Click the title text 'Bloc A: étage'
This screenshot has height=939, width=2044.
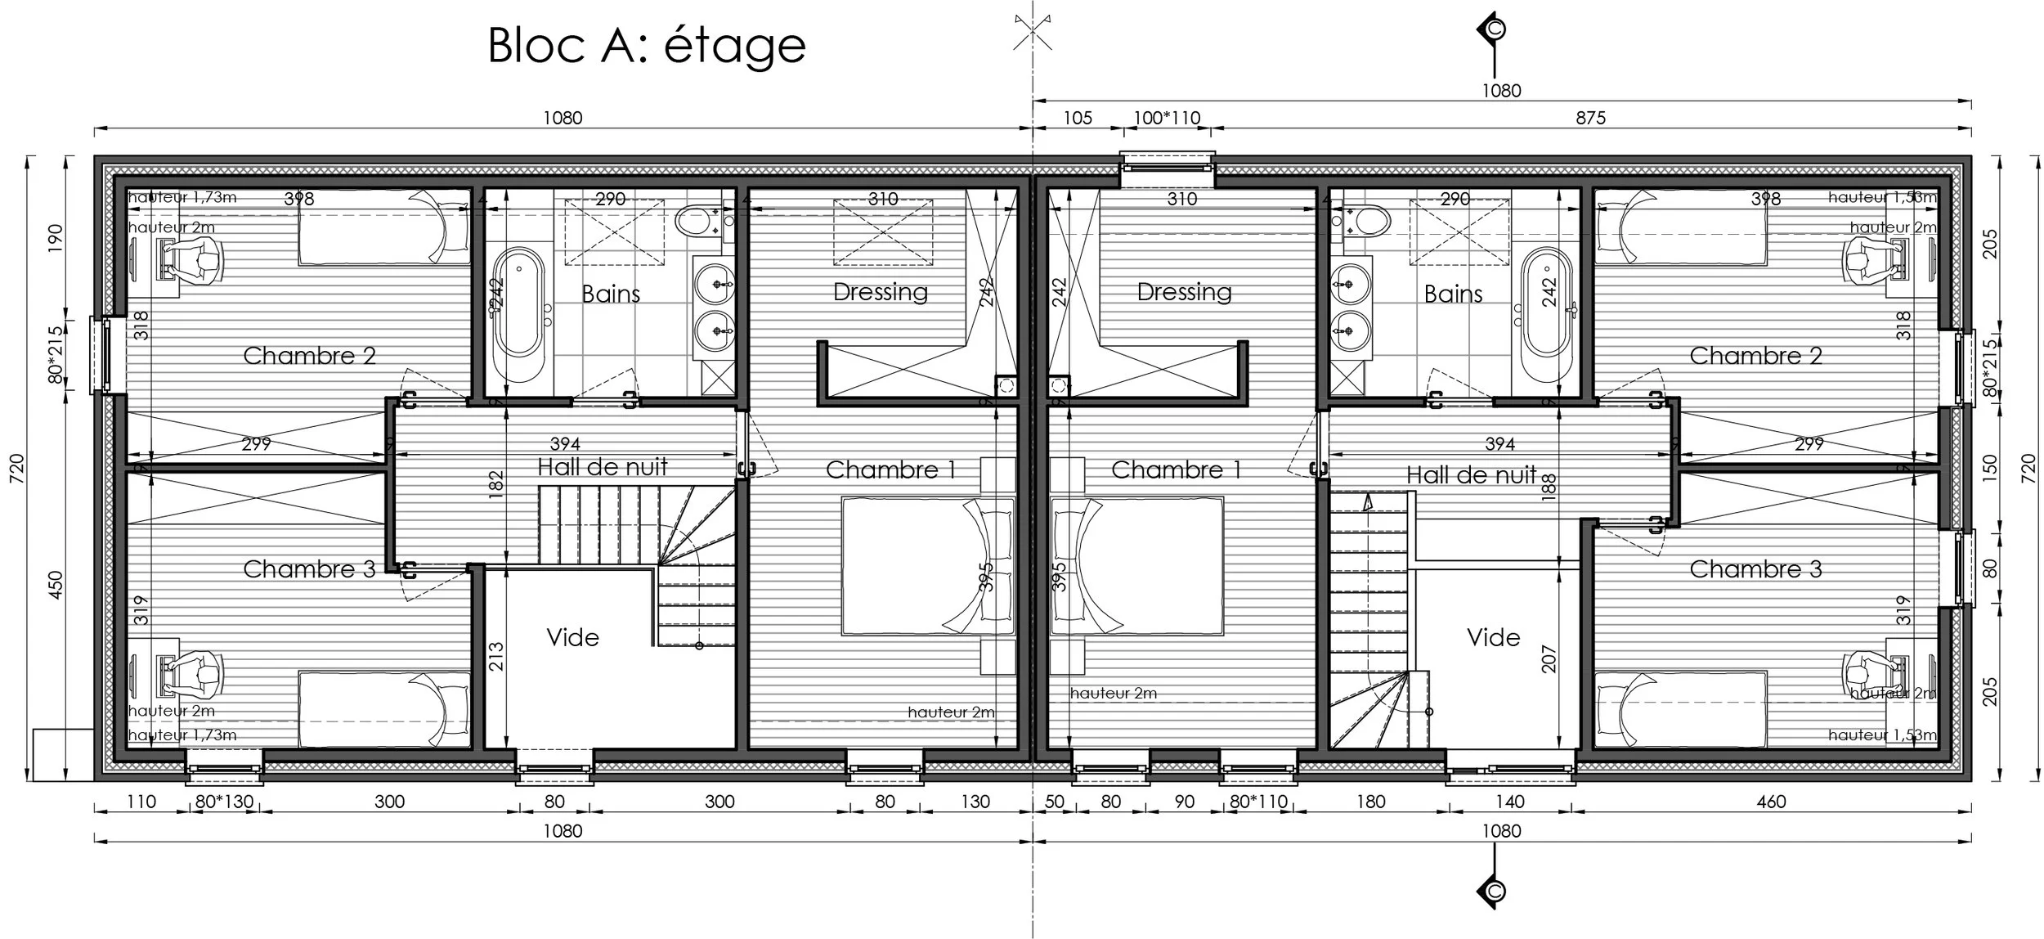point(646,45)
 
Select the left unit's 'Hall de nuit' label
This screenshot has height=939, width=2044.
point(603,467)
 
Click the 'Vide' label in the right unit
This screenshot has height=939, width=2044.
point(1493,637)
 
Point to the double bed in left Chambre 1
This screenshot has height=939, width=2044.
point(927,566)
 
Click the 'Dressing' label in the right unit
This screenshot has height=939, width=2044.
point(1184,292)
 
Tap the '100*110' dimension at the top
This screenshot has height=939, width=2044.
point(1166,118)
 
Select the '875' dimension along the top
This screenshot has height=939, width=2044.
point(1590,118)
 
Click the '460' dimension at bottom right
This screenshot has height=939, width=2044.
point(1770,802)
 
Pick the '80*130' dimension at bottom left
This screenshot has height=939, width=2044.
point(224,802)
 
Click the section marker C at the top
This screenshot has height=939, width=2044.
point(1494,29)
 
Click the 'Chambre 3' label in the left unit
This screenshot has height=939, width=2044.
point(309,569)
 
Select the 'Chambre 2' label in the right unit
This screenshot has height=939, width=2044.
point(1755,356)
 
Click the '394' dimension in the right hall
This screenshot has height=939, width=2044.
point(1499,444)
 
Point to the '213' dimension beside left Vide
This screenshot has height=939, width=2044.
point(496,658)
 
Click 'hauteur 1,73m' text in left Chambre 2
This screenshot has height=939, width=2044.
point(182,197)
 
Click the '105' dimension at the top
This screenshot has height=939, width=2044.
point(1077,118)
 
